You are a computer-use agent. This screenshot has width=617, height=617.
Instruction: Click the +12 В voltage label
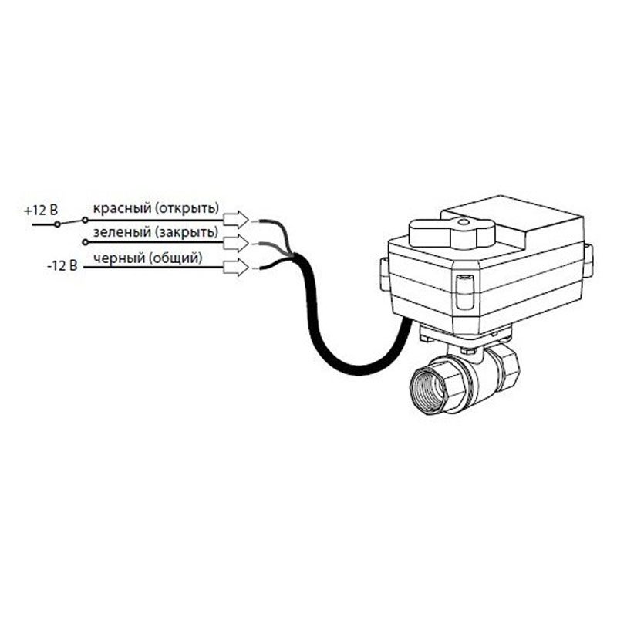41,211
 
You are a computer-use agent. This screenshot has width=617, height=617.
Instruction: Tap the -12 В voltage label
62,266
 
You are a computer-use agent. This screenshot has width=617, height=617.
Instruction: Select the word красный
122,208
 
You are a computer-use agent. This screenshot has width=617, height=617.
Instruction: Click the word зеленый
122,232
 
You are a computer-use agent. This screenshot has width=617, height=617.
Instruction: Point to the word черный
120,258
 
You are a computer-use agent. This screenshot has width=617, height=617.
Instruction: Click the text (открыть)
187,208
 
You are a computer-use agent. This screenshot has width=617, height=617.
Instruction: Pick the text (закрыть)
187,232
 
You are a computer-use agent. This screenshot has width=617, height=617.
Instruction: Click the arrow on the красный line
236,219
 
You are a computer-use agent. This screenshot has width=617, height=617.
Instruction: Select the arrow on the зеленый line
236,244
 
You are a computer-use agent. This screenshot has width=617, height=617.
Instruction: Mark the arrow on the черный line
236,268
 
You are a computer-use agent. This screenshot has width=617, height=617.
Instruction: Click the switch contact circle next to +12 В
58,224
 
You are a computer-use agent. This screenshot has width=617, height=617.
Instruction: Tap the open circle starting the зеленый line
85,242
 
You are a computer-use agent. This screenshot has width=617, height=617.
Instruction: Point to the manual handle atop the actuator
451,233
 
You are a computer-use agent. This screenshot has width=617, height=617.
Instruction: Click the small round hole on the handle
463,223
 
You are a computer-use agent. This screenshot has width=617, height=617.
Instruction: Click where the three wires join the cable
292,257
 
